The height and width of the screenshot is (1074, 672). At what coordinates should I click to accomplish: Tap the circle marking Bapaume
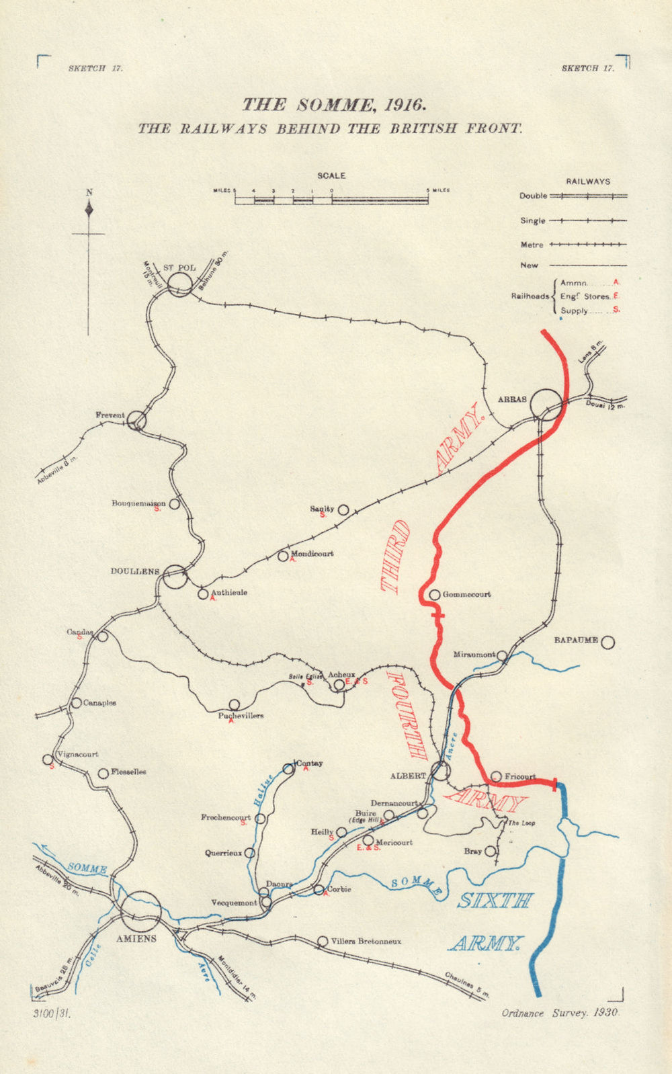[607, 642]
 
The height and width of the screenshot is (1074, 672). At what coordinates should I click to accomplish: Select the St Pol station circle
[180, 284]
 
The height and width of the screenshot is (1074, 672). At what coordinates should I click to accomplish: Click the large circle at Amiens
[141, 911]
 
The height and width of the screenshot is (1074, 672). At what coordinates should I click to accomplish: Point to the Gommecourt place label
[466, 594]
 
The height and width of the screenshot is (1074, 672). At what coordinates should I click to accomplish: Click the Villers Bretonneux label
[366, 942]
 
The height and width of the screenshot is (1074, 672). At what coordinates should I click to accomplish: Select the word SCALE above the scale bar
[331, 175]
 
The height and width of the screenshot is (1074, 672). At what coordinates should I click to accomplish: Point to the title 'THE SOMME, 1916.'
[334, 104]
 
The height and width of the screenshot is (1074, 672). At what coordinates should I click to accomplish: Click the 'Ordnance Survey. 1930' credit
[559, 1014]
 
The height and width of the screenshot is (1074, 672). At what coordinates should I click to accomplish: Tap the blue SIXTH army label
[495, 901]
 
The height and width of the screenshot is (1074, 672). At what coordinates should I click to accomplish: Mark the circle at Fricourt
[496, 776]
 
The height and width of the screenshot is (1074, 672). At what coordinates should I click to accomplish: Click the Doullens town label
[135, 571]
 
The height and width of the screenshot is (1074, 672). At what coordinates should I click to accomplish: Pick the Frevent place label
[110, 415]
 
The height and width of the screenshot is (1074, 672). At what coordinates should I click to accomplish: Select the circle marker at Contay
[289, 768]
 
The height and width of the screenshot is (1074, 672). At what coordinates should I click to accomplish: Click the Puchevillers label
[241, 716]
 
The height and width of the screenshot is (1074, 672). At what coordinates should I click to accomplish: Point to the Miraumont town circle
[502, 655]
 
